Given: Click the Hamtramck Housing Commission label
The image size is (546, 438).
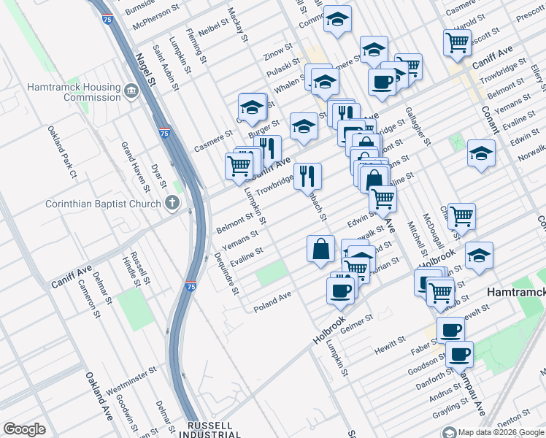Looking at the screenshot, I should coord(73,91).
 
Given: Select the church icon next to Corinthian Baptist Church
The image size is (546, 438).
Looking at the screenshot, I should coord(172,203).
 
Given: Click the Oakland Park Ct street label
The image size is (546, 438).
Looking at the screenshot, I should coord(62,152).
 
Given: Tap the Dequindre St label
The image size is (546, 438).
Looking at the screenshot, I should coord(226,272).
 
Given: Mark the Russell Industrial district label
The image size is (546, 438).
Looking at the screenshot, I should coord(209,430).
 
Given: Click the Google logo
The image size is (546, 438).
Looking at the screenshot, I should coord(24,429).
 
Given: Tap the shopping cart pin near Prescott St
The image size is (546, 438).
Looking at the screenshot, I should coord(457,42).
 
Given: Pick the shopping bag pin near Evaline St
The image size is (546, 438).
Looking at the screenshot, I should coord(321,249).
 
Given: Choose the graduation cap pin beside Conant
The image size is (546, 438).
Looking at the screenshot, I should coord(481,153).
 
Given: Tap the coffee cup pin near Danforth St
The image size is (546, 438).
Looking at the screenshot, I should coord(459,354).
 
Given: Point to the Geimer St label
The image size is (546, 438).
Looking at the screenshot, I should coord(357,322).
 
